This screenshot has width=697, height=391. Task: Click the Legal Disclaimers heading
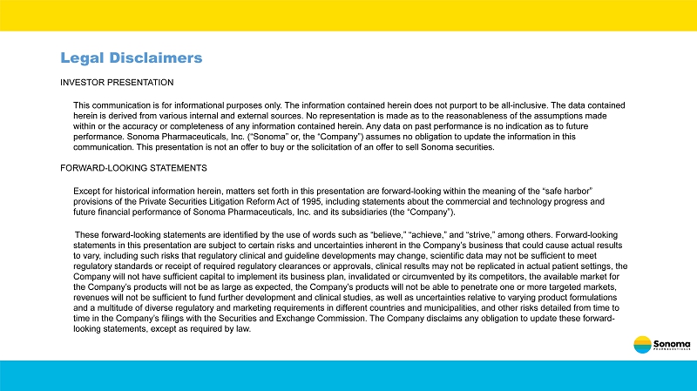coord(131,57)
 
